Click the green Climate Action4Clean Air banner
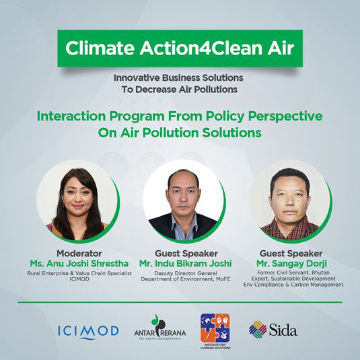click(180, 48)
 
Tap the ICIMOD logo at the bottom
click(88, 332)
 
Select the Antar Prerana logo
click(160, 328)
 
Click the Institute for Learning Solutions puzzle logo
click(215, 331)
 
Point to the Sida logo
click(273, 330)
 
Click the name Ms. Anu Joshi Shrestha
click(79, 263)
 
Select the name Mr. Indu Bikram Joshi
click(186, 263)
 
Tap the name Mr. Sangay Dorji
click(291, 264)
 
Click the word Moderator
click(79, 254)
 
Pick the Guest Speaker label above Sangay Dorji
click(291, 254)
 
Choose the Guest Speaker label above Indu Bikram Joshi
click(186, 254)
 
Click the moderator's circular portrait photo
click(77, 201)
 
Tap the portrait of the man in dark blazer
click(184, 201)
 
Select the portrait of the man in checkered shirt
click(290, 201)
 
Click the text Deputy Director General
click(186, 273)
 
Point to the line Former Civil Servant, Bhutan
click(293, 273)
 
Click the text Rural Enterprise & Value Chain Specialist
click(79, 273)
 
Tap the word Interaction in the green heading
click(71, 116)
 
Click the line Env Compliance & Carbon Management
click(293, 285)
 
